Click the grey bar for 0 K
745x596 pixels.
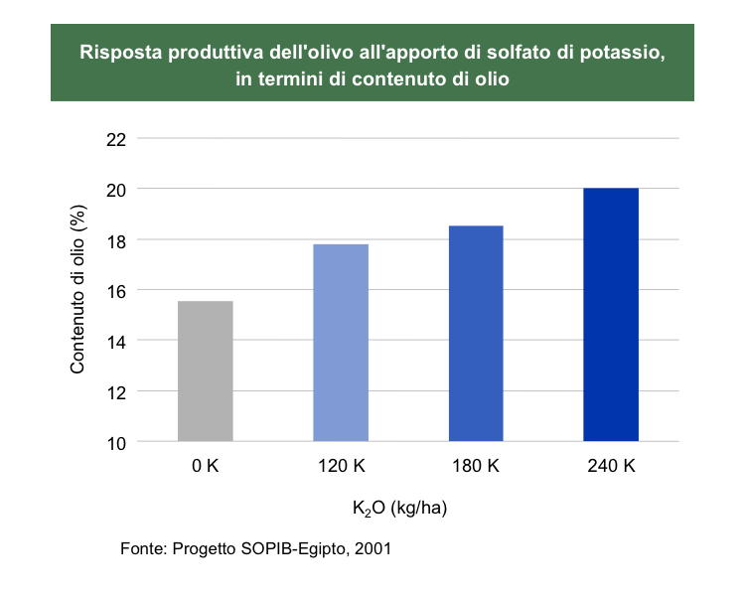pyautogui.click(x=206, y=371)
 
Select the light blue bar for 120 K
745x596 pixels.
pyautogui.click(x=341, y=342)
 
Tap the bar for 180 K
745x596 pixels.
pyautogui.click(x=476, y=333)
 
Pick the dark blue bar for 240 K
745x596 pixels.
pyautogui.click(x=611, y=314)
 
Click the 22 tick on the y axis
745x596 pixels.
pyautogui.click(x=117, y=138)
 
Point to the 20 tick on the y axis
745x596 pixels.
pyautogui.click(x=117, y=189)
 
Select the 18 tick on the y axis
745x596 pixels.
pyautogui.click(x=117, y=239)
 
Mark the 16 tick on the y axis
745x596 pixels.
pyautogui.click(x=117, y=290)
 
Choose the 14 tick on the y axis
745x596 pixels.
pyautogui.click(x=117, y=341)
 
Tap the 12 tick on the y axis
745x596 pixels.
pyautogui.click(x=117, y=391)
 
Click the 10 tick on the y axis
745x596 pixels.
pyautogui.click(x=117, y=442)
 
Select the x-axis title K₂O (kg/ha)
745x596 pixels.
pyautogui.click(x=399, y=509)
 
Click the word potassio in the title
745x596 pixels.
pyautogui.click(x=620, y=52)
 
